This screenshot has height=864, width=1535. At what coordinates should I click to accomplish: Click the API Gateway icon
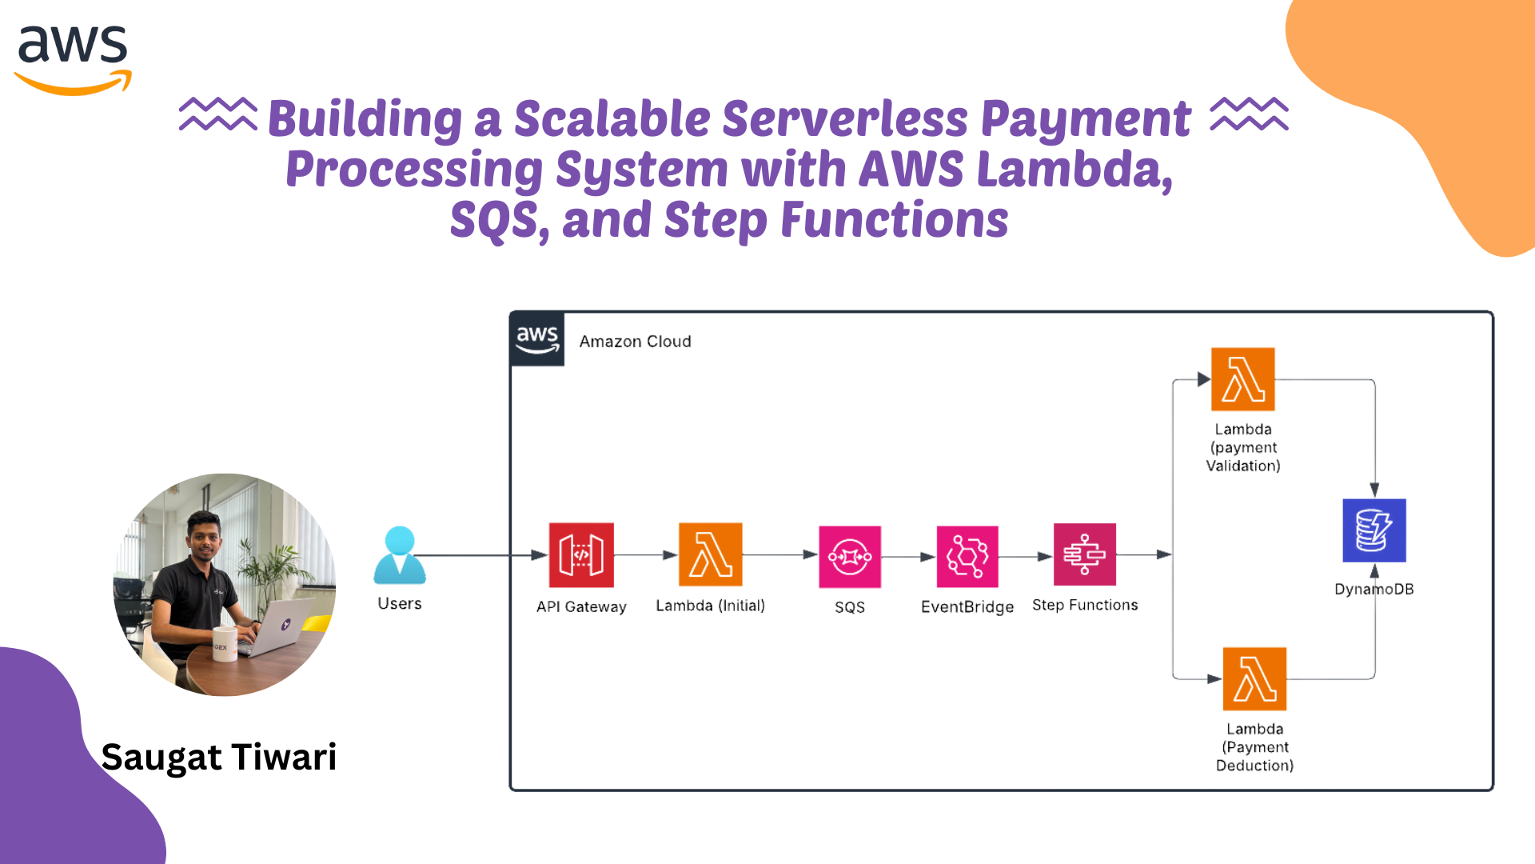click(x=581, y=555)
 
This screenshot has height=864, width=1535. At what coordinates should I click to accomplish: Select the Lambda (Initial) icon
click(x=710, y=554)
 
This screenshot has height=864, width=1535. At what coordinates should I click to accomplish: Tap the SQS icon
click(x=850, y=557)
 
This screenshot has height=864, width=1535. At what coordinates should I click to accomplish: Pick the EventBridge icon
click(x=967, y=556)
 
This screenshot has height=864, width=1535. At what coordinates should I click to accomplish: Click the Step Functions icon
click(x=1084, y=554)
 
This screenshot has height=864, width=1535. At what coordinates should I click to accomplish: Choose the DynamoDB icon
click(x=1374, y=530)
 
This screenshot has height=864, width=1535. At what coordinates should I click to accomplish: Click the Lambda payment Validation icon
click(x=1242, y=379)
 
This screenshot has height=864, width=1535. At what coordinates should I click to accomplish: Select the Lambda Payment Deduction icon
click(x=1254, y=678)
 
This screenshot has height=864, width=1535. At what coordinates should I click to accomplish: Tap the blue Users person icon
click(x=400, y=555)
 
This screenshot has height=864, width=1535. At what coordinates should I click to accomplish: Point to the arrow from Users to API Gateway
click(x=480, y=555)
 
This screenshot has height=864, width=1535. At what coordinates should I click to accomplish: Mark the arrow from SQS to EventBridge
click(x=908, y=557)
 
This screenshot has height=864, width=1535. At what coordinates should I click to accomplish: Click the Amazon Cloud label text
click(x=635, y=342)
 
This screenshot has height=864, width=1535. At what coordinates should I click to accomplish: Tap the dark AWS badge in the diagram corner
click(x=537, y=339)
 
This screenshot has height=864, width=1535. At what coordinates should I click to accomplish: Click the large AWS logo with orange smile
click(x=73, y=59)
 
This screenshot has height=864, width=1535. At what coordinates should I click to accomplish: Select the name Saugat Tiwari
click(x=219, y=757)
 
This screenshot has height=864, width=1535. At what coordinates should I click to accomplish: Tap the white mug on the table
click(x=225, y=645)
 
